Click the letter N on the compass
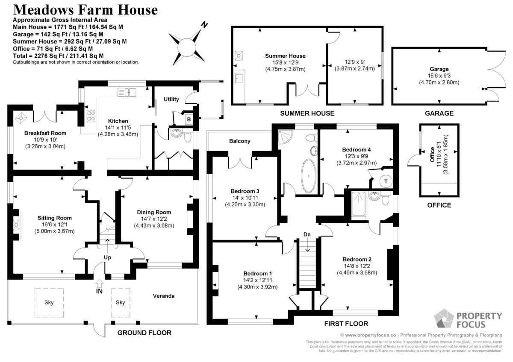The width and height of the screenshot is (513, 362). point(204,25)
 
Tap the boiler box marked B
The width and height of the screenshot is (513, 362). point(189,120)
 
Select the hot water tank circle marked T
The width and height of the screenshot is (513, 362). point(386,181)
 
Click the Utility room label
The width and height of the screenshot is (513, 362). point(171,99)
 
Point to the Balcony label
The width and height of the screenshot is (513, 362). point(239,141)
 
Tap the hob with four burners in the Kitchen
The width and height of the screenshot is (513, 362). point(91,116)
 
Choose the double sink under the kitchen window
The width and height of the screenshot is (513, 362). point(127,92)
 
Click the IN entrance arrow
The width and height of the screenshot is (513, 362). point(99,283)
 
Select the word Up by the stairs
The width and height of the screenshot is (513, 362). point(107,257)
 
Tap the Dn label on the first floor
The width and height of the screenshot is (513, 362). point(307,234)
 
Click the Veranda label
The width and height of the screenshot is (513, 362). point(163,296)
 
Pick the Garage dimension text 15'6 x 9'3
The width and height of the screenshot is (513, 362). point(439,76)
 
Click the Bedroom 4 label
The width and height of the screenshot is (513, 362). point(357,149)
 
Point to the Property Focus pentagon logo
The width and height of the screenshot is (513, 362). point(444,318)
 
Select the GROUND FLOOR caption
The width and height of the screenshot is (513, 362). point(144,333)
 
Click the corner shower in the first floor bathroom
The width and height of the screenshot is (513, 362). point(285,137)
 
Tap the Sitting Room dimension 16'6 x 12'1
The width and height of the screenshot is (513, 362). point(55,225)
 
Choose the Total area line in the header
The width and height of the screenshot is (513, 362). point(58,56)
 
